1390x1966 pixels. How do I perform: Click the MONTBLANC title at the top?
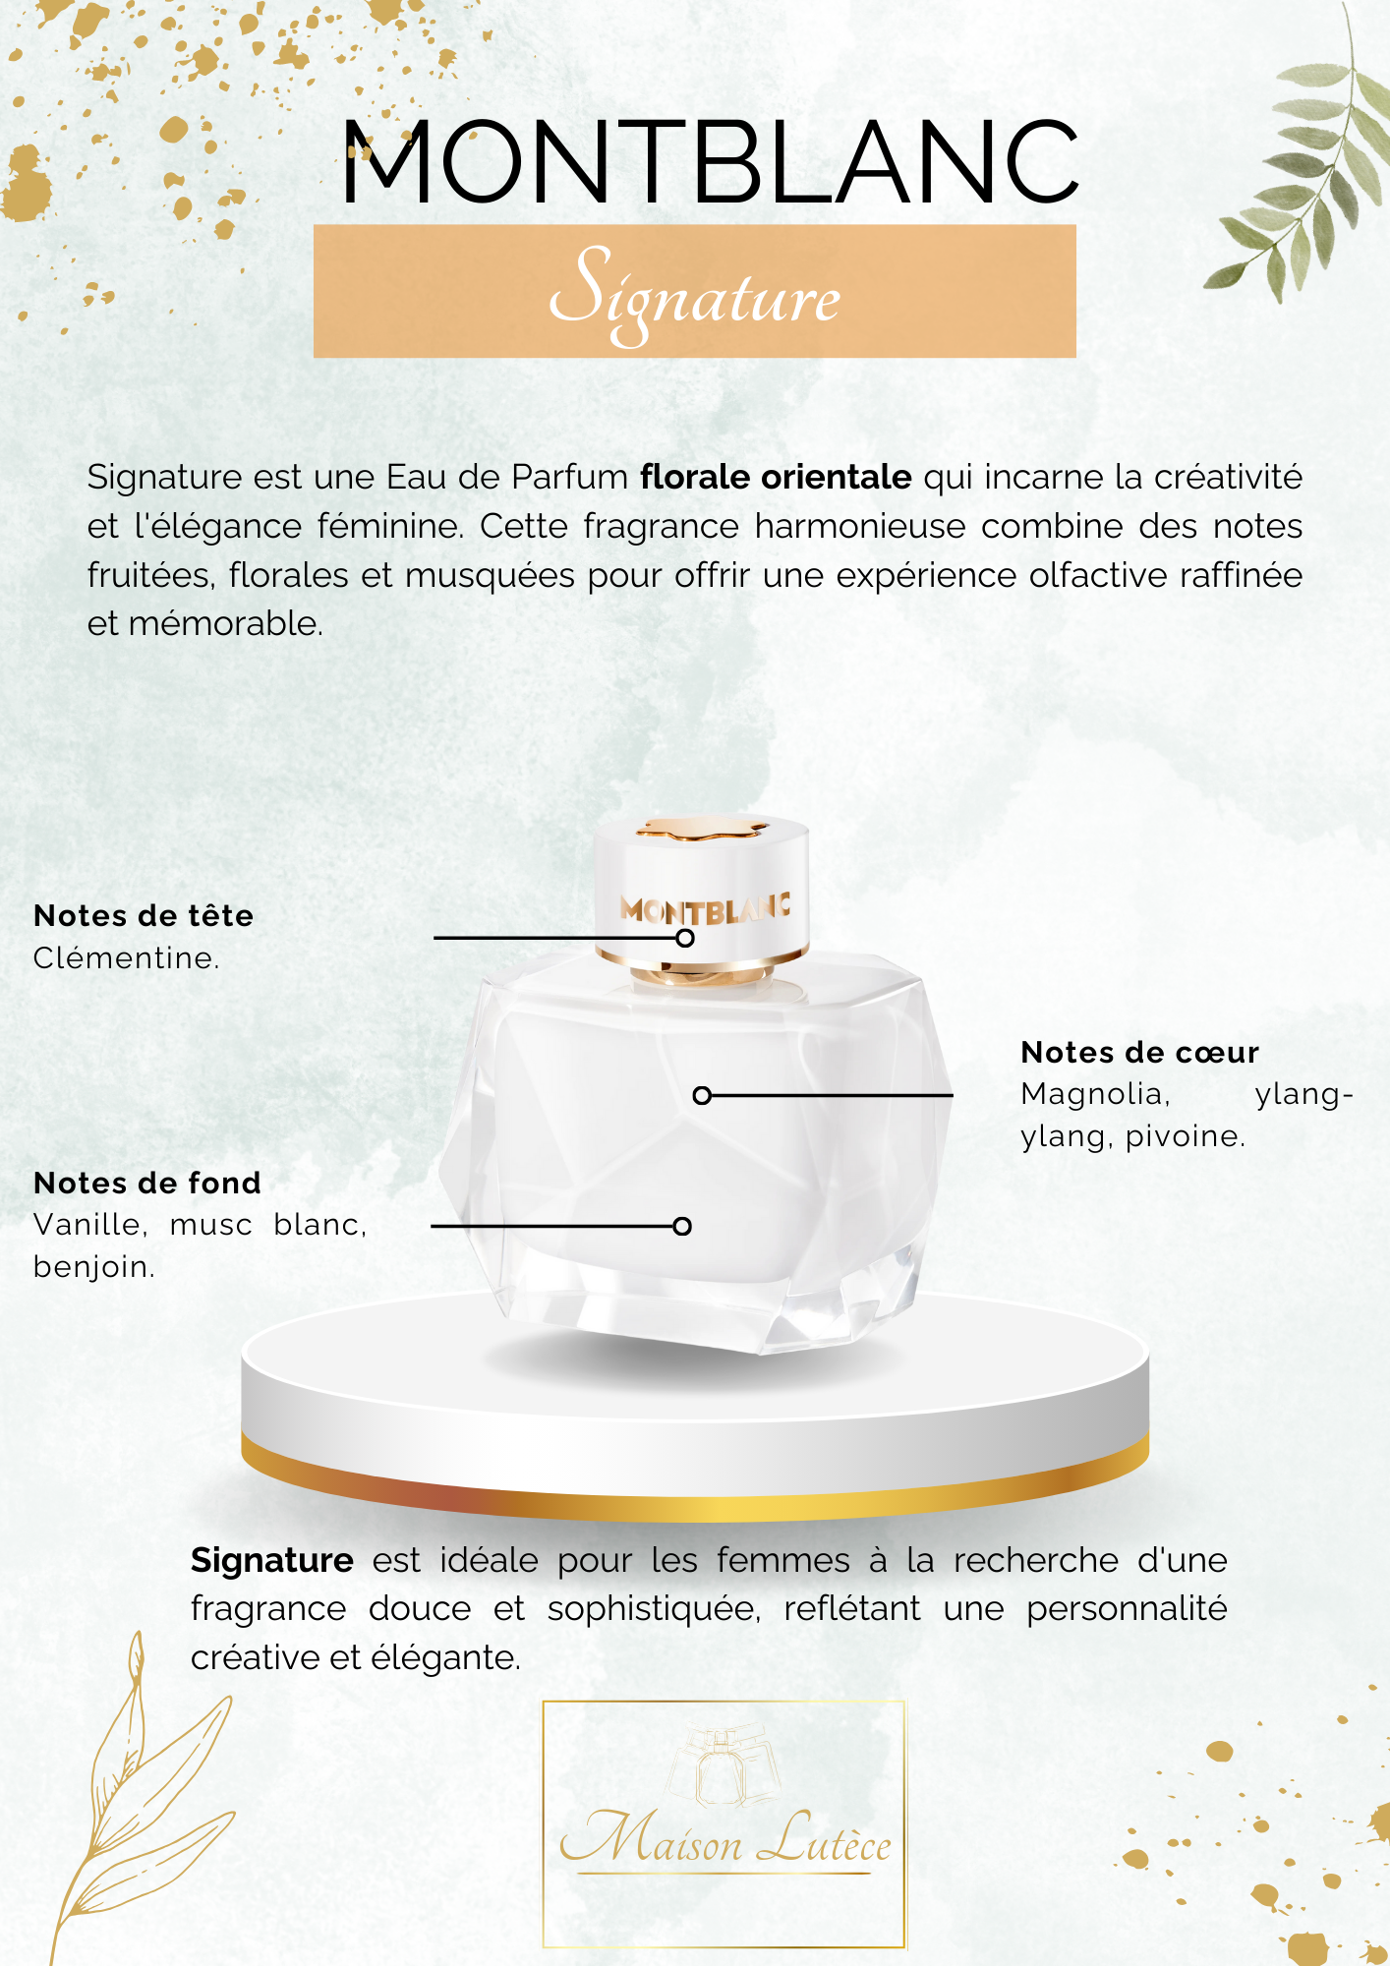(x=710, y=163)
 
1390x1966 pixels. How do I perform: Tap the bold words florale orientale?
(x=776, y=478)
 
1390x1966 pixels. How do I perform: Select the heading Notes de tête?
(x=144, y=916)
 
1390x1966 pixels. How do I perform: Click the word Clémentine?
(x=125, y=958)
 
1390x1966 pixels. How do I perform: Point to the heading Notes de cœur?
(x=1139, y=1053)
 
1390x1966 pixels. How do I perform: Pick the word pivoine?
(x=1185, y=1137)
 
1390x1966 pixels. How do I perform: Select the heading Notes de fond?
(x=147, y=1184)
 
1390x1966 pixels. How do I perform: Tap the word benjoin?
(x=93, y=1267)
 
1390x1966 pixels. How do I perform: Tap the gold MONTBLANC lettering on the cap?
(x=705, y=909)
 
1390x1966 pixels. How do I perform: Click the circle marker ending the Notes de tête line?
(x=685, y=938)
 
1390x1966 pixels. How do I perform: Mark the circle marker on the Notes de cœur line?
(x=702, y=1095)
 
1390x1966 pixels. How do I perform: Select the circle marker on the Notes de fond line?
(x=682, y=1226)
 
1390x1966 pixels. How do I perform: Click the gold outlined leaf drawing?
(x=138, y=1799)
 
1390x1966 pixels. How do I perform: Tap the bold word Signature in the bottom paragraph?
(x=272, y=1561)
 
